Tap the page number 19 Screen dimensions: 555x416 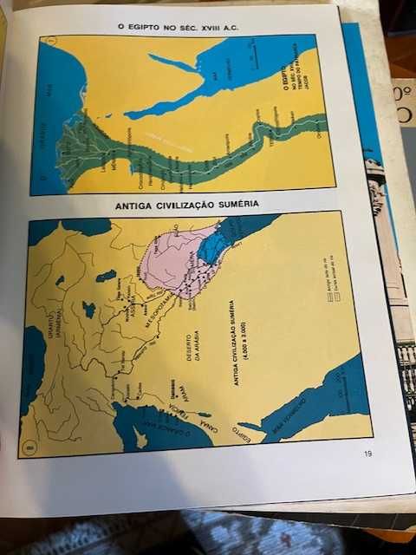(x=367, y=452)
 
